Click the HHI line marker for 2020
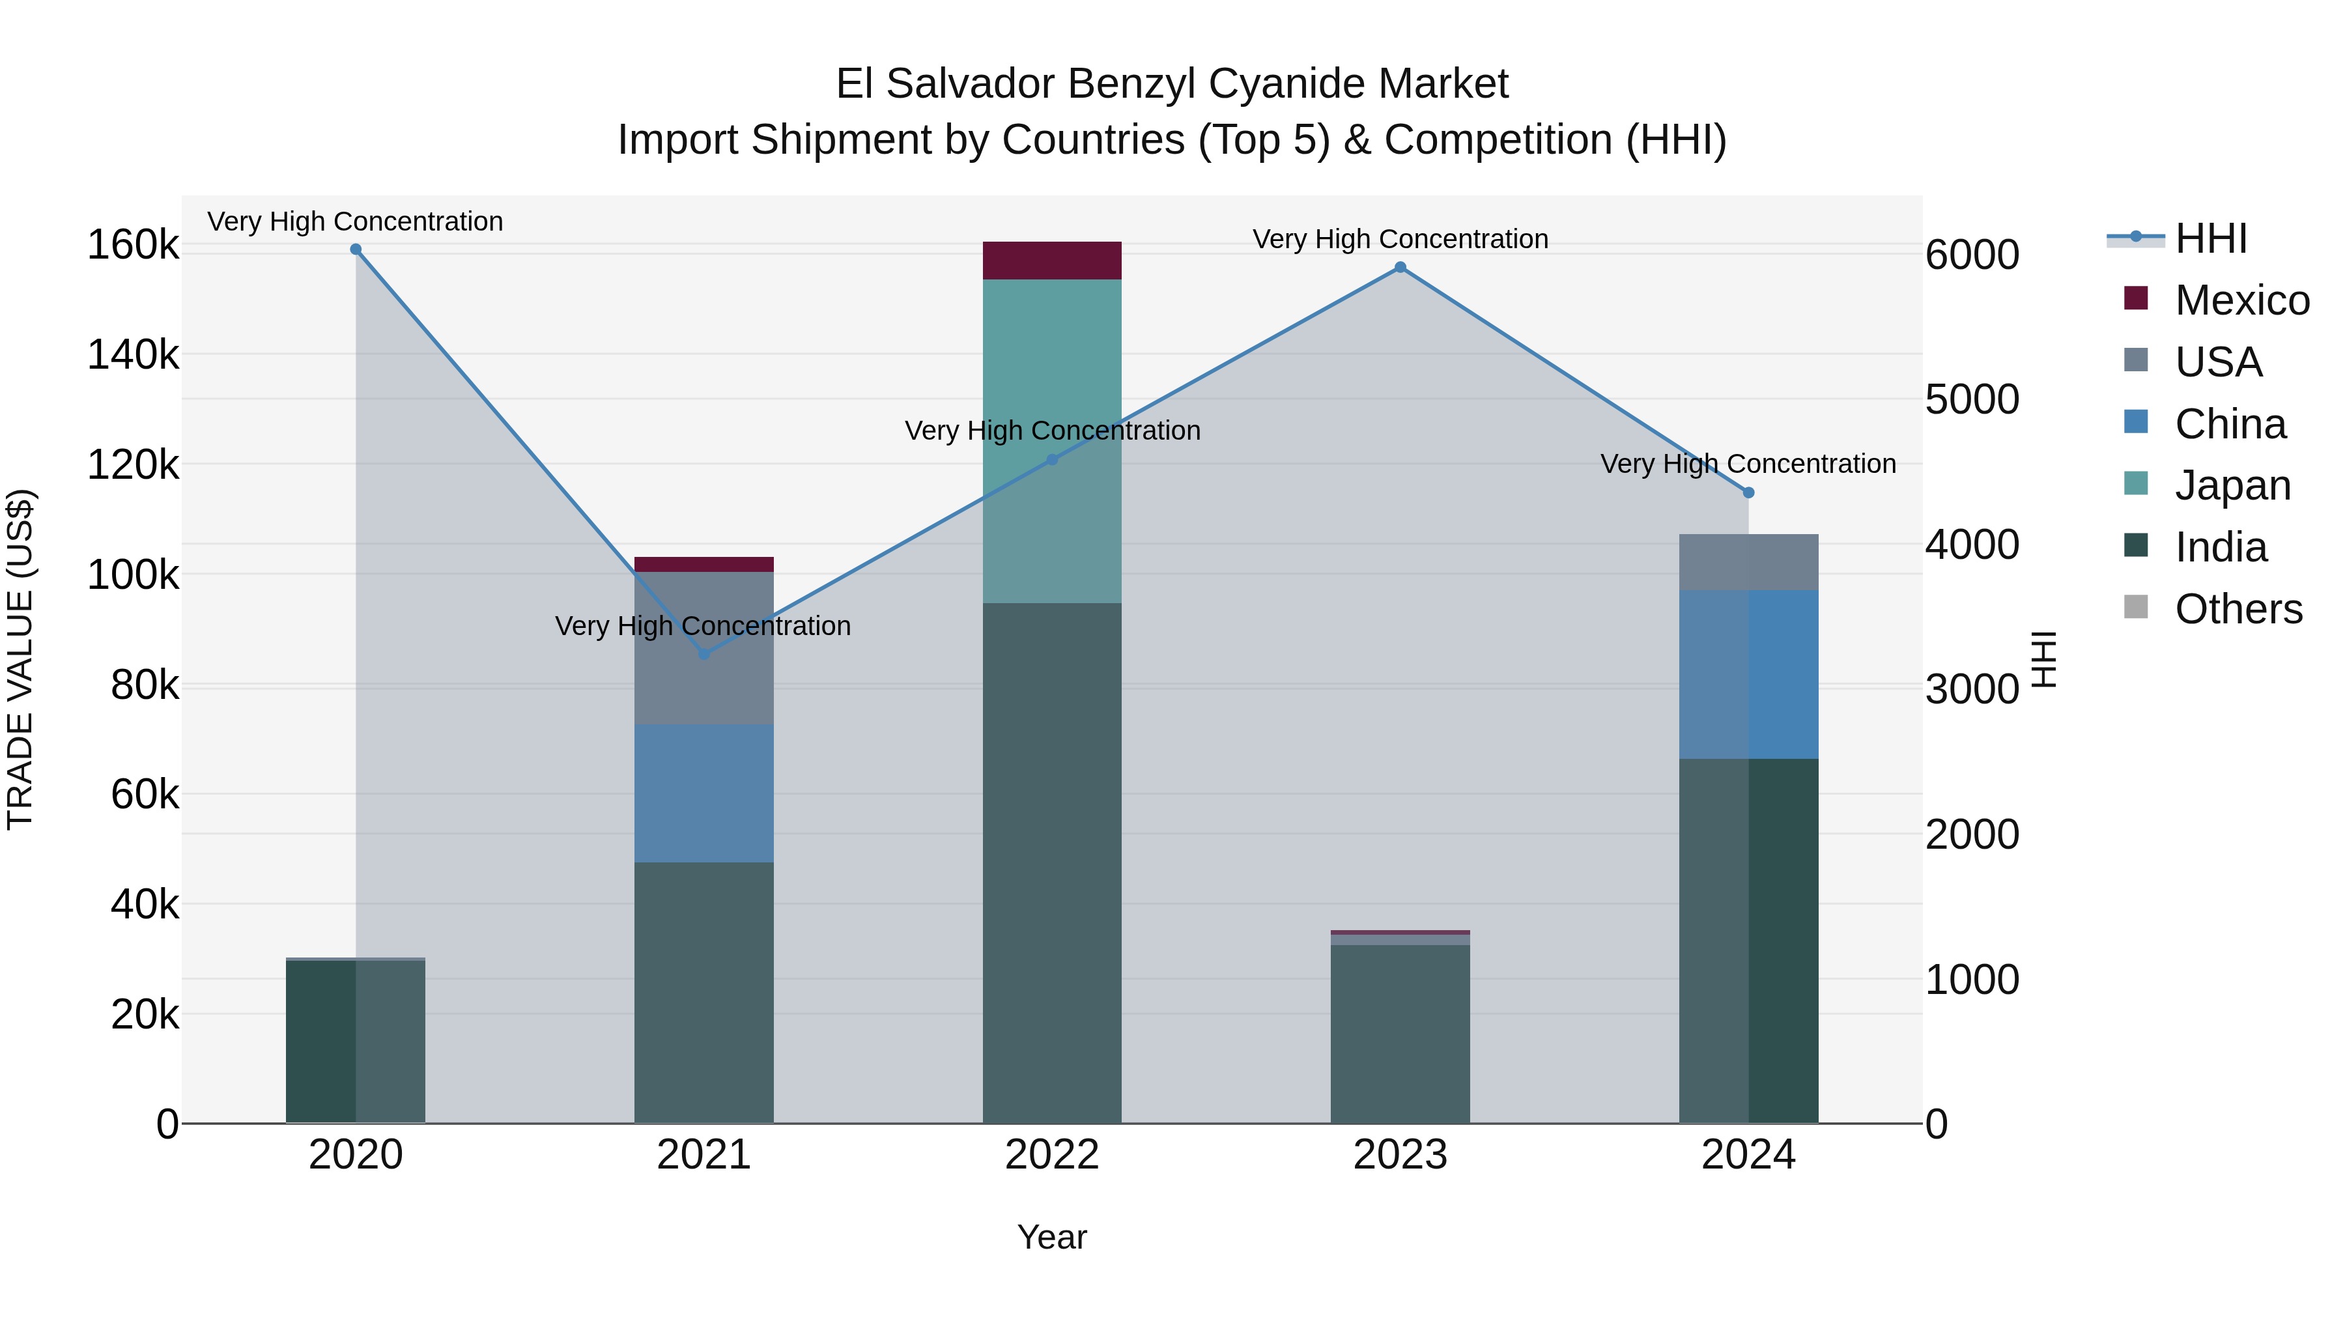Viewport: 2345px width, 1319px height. click(356, 249)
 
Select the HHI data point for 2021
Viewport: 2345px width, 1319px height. click(703, 653)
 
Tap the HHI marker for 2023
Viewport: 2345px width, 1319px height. click(1400, 268)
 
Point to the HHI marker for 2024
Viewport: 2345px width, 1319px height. click(1748, 492)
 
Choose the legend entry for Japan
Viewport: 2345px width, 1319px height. click(2232, 485)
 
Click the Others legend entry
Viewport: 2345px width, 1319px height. click(2238, 609)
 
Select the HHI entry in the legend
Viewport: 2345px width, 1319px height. click(2210, 238)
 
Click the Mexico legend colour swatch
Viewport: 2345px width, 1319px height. click(2136, 298)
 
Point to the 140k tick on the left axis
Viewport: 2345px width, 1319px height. click(133, 354)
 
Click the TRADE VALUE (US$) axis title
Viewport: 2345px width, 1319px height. click(20, 659)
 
